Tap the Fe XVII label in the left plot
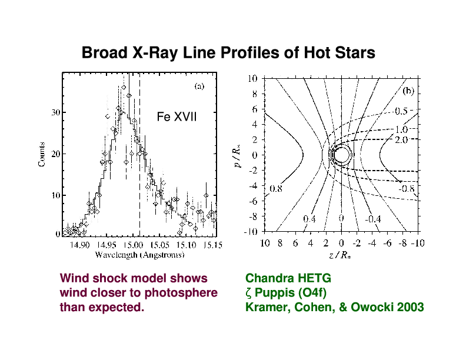coord(177,116)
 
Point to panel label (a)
coord(199,86)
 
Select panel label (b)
coord(408,91)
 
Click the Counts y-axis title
coord(42,154)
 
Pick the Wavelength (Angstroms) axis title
coord(139,255)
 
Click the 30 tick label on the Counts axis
coord(56,112)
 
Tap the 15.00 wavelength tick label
coord(134,245)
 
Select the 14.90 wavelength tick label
coord(79,245)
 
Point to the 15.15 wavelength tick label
coord(212,245)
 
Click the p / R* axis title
coord(238,156)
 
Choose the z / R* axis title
coord(340,255)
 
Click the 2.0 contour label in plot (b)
coord(401,139)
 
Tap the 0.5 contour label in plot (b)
coord(401,111)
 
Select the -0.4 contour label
coord(373,219)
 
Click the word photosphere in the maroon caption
coord(181,293)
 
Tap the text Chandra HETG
coord(288,278)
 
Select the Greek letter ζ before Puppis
coord(248,294)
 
